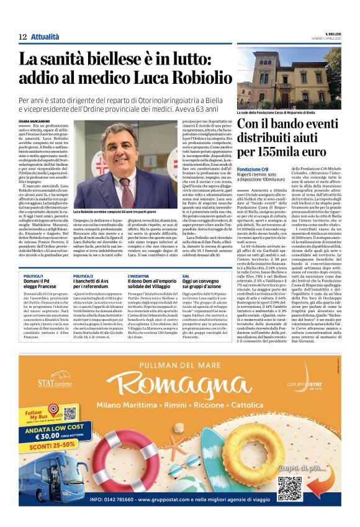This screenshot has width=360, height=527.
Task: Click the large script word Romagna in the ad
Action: [x=179, y=386]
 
